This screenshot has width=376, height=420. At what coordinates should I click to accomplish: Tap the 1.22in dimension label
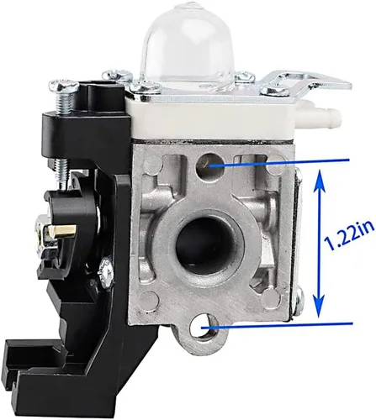[x=349, y=234]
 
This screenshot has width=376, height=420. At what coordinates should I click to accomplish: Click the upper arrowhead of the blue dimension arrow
[x=320, y=183]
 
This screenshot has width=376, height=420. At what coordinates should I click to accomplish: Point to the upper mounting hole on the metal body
[x=210, y=166]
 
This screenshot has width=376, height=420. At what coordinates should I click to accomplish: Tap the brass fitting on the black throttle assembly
[x=66, y=231]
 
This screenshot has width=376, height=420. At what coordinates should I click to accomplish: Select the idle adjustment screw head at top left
[x=64, y=85]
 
